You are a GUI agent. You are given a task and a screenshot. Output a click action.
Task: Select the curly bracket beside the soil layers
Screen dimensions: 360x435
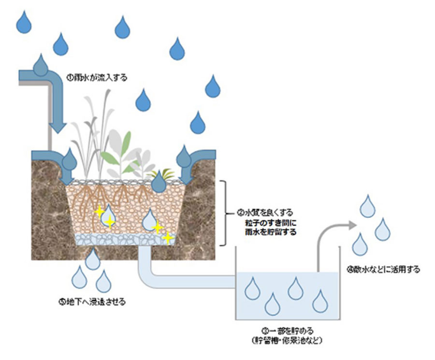224,213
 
